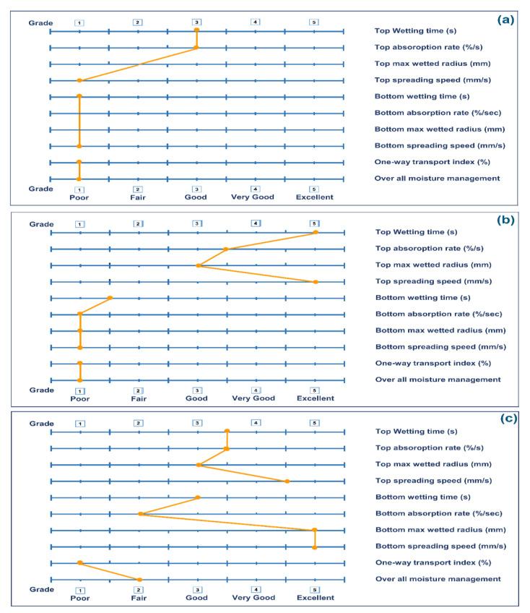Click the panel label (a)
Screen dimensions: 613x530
tap(505, 20)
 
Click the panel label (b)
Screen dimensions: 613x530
tap(505, 221)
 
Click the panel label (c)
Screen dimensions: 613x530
tap(505, 419)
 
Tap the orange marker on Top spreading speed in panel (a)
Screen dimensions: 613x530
tap(79, 80)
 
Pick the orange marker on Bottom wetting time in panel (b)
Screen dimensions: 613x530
tap(110, 298)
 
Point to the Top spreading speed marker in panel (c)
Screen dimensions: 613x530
tap(287, 481)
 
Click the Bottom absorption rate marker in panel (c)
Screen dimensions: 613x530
tap(139, 514)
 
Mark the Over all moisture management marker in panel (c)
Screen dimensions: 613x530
tap(139, 579)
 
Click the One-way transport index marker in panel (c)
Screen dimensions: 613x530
tap(80, 562)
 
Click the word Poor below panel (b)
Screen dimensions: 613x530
tap(80, 398)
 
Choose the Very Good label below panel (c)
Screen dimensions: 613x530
tap(255, 598)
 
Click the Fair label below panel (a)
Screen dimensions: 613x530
tap(138, 197)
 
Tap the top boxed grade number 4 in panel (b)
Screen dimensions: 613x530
tap(256, 224)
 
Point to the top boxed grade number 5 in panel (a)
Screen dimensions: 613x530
tap(313, 22)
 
